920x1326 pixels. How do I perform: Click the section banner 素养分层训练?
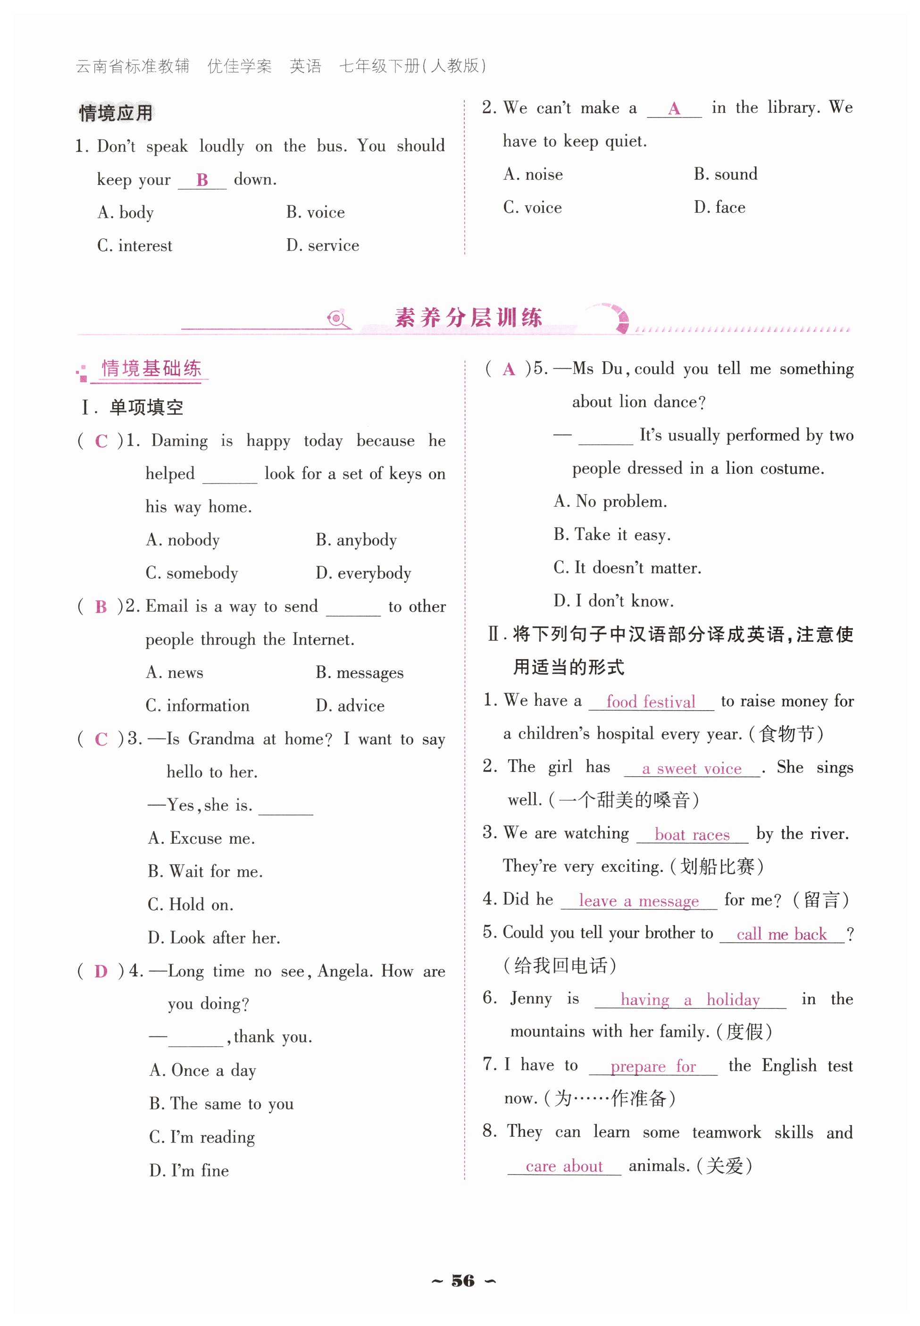[468, 318]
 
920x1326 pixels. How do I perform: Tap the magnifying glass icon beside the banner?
[337, 318]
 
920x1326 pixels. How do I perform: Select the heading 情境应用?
[116, 112]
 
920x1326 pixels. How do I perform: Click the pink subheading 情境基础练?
[151, 369]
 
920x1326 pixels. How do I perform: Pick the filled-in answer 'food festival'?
[651, 702]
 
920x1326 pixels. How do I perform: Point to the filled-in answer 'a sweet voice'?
[692, 769]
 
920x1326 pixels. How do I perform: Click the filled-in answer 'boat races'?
[692, 835]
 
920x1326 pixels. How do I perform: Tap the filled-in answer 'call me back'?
[781, 934]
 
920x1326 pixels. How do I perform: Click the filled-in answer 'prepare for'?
[653, 1066]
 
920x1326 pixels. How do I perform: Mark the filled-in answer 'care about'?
[564, 1167]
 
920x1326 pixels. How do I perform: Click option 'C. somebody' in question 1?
[192, 573]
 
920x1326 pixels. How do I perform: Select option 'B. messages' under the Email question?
[359, 673]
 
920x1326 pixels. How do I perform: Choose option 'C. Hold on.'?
[191, 905]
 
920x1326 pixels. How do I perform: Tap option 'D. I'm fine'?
[189, 1170]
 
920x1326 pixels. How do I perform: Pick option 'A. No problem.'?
[611, 502]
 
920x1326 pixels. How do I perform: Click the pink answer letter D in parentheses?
[101, 972]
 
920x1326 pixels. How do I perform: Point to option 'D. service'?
[323, 245]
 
